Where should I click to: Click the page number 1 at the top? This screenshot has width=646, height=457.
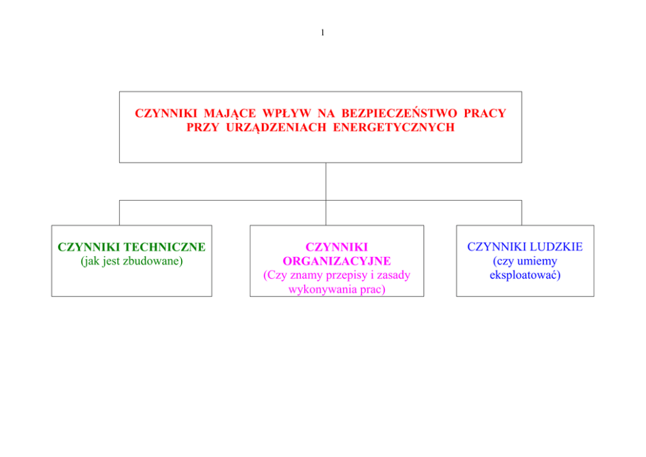pos(322,33)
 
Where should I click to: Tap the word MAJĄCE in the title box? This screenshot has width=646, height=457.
pos(230,113)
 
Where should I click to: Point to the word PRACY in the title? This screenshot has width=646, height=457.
pos(485,113)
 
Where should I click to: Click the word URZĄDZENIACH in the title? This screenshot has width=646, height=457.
pos(276,127)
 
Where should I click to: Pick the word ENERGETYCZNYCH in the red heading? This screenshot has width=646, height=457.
pos(393,127)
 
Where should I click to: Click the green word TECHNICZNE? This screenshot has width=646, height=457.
pos(165,246)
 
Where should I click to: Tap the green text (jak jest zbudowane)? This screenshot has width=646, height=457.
pos(132,261)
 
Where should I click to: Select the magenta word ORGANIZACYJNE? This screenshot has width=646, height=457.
pos(337,261)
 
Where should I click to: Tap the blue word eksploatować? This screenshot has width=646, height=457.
pos(525,275)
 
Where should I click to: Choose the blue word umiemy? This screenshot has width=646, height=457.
pos(537,261)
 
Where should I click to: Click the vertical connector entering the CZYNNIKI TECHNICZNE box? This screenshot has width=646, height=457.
pos(119,213)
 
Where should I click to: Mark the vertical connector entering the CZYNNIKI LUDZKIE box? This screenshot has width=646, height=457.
pos(522,213)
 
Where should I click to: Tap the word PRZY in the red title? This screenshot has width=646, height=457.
pos(203,127)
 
